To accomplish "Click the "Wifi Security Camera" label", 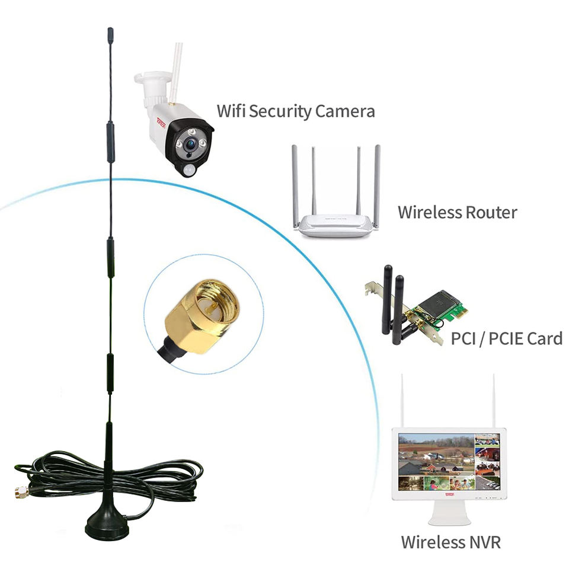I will pyautogui.click(x=296, y=111).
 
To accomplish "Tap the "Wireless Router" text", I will pyautogui.click(x=457, y=212).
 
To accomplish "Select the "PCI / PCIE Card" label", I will pyautogui.click(x=506, y=339).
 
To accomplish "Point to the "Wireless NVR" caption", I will pyautogui.click(x=450, y=542).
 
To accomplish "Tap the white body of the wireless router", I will pyautogui.click(x=335, y=225).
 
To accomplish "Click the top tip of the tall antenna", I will pyautogui.click(x=110, y=31).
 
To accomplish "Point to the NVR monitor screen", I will pyautogui.click(x=449, y=462).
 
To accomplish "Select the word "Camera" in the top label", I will pyautogui.click(x=344, y=111).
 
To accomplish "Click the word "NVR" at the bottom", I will pyautogui.click(x=482, y=542).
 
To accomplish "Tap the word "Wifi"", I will pyautogui.click(x=231, y=111).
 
